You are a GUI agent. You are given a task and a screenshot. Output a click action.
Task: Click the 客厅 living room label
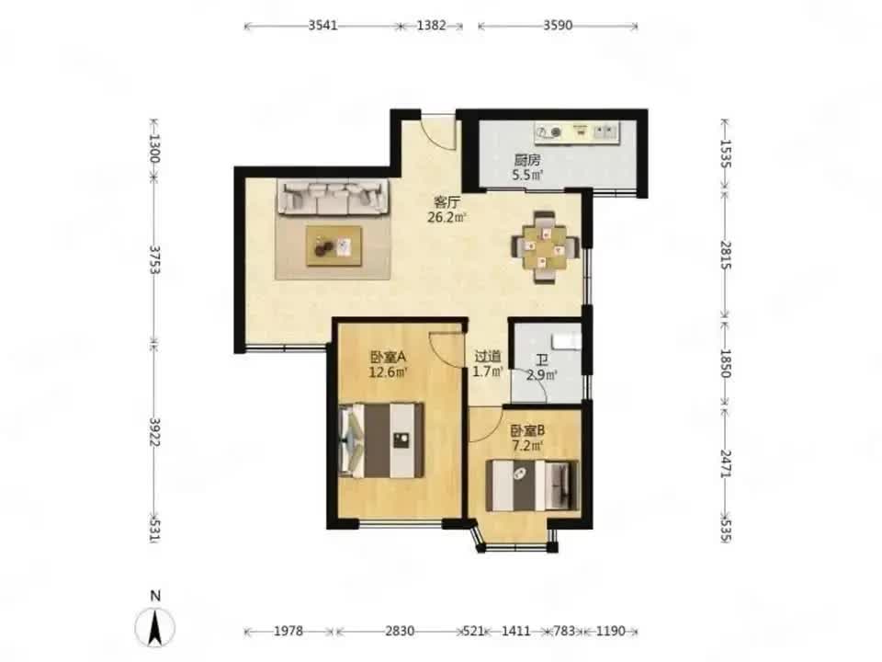[x=447, y=201]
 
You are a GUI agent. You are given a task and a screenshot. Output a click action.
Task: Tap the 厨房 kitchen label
[x=527, y=160]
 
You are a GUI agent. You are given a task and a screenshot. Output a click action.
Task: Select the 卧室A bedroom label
[x=388, y=357]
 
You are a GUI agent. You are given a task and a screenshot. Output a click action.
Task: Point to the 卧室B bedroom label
[x=527, y=431]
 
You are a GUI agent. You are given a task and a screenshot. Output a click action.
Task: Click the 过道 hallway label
[x=488, y=357]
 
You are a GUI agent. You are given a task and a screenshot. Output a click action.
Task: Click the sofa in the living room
[x=333, y=198]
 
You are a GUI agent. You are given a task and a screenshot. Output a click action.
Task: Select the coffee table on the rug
[x=334, y=246]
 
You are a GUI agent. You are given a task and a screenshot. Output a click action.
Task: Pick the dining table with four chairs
[x=545, y=246]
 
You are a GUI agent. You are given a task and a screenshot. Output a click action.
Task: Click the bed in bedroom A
[x=382, y=440]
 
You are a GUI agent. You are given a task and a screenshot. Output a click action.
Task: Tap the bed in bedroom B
[x=533, y=485]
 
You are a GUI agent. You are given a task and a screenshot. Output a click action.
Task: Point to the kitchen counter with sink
[x=577, y=132]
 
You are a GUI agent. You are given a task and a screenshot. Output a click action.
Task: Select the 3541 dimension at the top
[x=322, y=26]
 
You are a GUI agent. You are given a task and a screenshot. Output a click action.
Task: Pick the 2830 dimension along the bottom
[x=400, y=631]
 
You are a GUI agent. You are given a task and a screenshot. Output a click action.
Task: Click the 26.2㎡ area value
[x=447, y=217]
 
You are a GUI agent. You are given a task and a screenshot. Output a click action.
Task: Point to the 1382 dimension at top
[x=432, y=26]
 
